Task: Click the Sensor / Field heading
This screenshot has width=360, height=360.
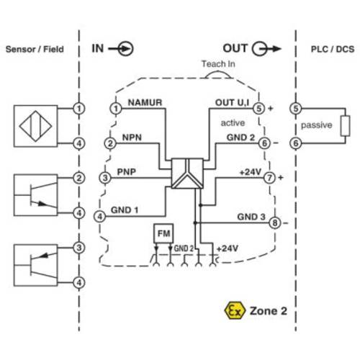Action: pos(35,50)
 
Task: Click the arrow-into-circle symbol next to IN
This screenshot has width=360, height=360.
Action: pos(125,49)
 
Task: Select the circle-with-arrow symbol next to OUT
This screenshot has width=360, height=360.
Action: pos(262,49)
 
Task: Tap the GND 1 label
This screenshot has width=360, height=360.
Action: pos(125,210)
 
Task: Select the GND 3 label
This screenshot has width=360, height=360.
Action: pos(251,217)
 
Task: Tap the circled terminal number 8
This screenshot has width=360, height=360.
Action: pos(274,223)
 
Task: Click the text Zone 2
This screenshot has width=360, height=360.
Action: pos(269,311)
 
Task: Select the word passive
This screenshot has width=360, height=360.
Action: pos(316,125)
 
